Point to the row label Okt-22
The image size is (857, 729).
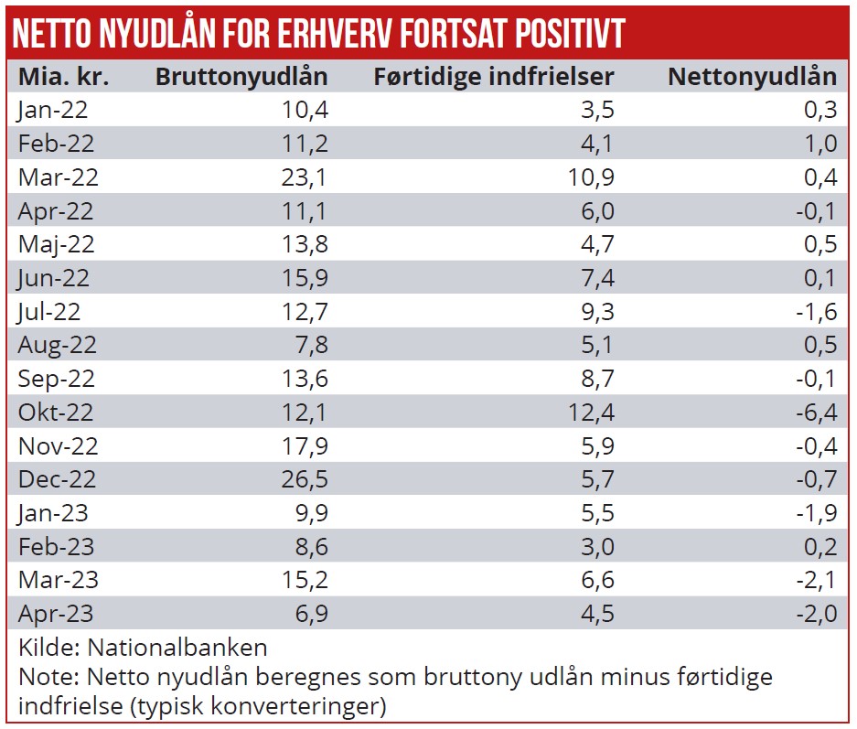(x=56, y=413)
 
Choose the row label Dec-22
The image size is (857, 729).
(x=57, y=479)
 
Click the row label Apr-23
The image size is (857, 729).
(x=56, y=614)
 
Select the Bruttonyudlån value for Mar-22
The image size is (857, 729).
(x=305, y=177)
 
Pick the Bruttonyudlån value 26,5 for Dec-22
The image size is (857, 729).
(x=305, y=479)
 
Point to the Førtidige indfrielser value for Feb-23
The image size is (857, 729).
(x=595, y=547)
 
